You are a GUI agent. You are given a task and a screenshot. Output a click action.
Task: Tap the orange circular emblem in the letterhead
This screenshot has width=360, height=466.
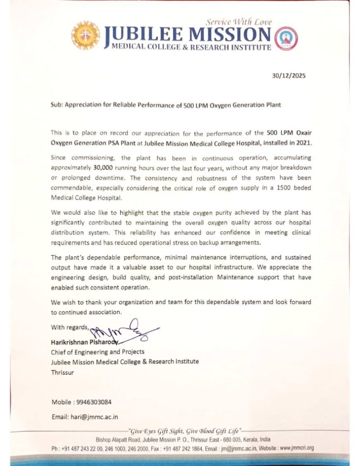pyautogui.click(x=86, y=35)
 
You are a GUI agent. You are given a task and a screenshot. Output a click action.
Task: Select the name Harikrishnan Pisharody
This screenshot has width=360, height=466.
pyautogui.click(x=85, y=342)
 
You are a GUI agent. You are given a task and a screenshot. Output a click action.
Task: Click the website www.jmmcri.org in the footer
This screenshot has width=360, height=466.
pyautogui.click(x=297, y=448)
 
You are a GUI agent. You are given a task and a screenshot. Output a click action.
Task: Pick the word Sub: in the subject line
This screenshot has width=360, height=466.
pyautogui.click(x=57, y=105)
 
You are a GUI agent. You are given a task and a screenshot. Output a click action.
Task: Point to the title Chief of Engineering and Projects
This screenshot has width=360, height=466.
pyautogui.click(x=98, y=352)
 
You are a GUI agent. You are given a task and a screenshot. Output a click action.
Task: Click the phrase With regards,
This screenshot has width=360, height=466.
pyautogui.click(x=71, y=327)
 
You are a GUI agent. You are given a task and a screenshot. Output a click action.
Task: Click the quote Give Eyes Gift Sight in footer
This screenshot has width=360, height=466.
pyautogui.click(x=158, y=430)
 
